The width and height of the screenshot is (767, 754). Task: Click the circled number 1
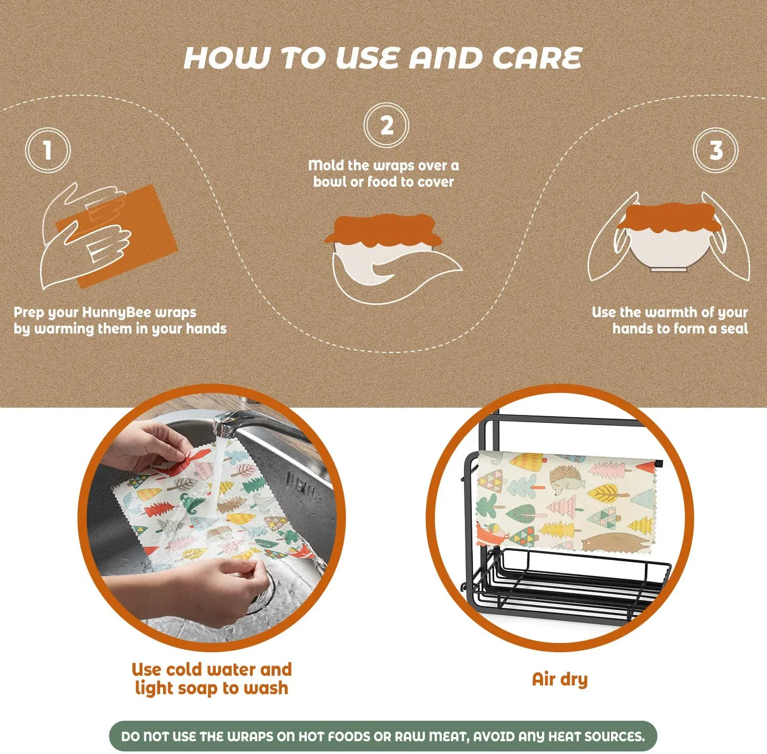[x=48, y=150]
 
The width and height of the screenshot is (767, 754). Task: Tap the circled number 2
[x=387, y=126]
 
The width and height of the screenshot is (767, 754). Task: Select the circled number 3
[x=715, y=150]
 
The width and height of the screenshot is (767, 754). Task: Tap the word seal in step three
[x=734, y=328]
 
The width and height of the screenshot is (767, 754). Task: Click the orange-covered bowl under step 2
[x=383, y=251]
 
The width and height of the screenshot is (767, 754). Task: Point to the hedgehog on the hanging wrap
[x=567, y=480]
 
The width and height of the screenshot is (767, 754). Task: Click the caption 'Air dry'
[x=560, y=679]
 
